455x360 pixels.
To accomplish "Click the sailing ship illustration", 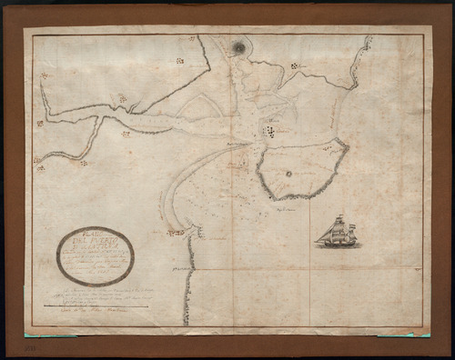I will [336, 233].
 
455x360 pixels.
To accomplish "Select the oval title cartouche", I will [95, 256].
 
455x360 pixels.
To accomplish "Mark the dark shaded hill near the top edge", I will [238, 47].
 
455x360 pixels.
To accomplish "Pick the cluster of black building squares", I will [269, 132].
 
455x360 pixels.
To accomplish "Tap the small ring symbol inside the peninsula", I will [288, 172].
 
